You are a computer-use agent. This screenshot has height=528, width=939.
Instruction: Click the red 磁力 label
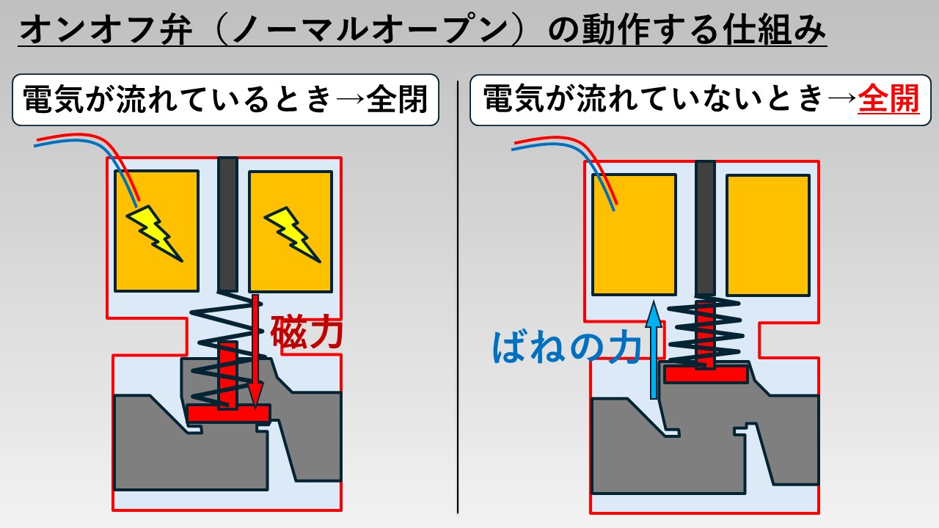click(x=306, y=331)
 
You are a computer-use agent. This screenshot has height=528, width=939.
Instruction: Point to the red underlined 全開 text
click(x=888, y=100)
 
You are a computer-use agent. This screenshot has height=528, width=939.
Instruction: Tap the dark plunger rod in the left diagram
click(x=227, y=224)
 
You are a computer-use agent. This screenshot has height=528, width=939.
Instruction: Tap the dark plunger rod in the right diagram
click(x=705, y=227)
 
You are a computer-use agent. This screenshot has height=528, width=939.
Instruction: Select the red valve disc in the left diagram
click(x=228, y=413)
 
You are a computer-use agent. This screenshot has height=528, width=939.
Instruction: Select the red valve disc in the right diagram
click(x=705, y=374)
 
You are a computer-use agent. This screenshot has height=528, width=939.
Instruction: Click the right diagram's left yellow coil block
click(x=634, y=235)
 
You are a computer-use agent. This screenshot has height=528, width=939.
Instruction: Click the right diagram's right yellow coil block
click(x=768, y=235)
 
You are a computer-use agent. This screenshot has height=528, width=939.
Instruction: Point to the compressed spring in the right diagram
click(x=705, y=334)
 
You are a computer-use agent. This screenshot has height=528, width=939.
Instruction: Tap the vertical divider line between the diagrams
click(x=458, y=293)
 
